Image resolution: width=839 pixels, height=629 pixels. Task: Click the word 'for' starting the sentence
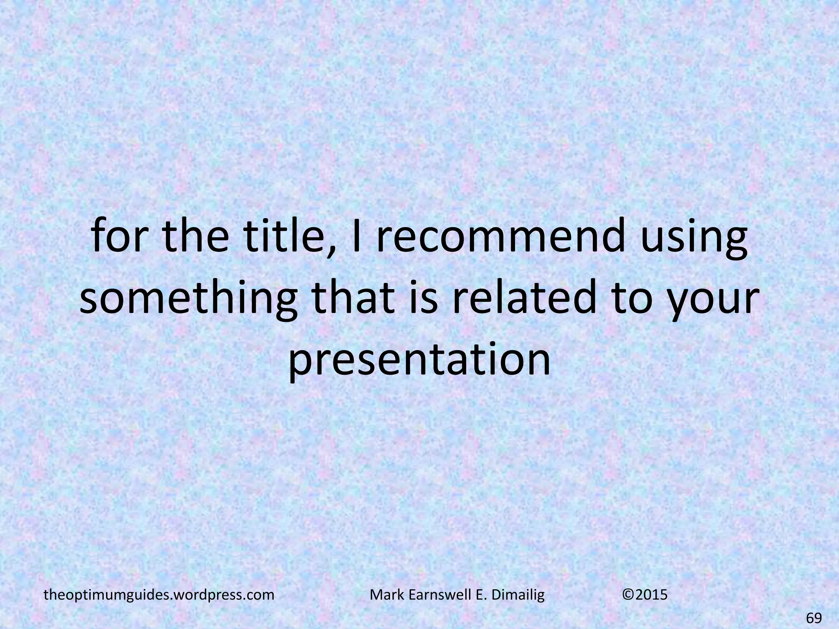click(x=119, y=239)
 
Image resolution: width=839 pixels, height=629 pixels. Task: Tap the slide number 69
click(x=814, y=617)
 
